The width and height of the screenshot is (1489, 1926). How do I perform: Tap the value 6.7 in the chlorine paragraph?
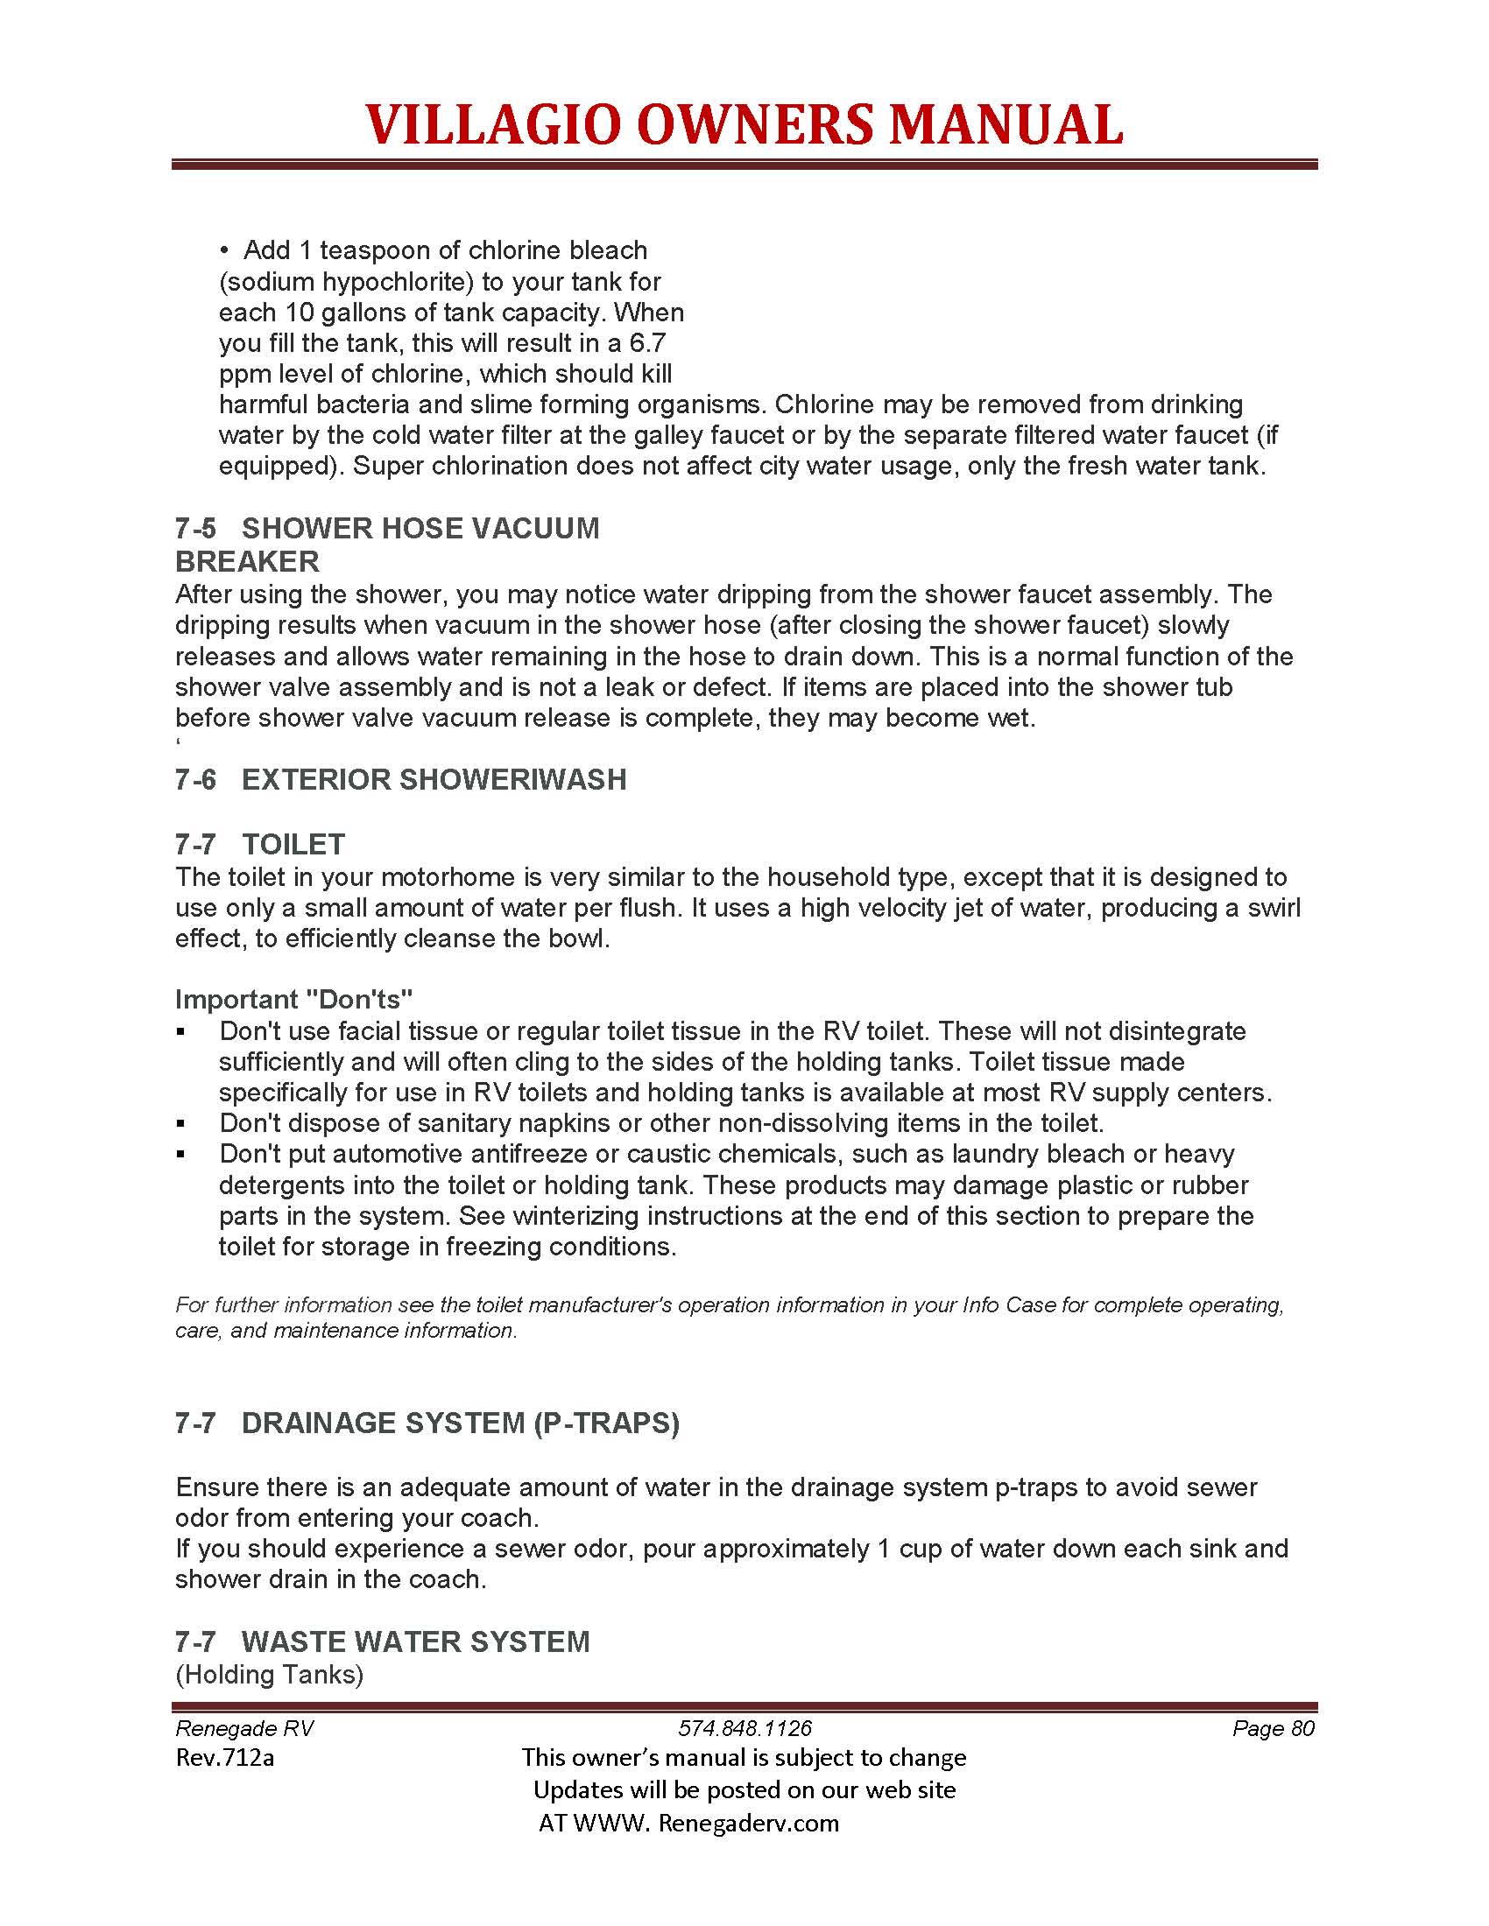point(647,343)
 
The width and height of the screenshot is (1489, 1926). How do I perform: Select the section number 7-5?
point(195,528)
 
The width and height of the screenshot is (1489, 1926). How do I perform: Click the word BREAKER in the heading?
point(247,561)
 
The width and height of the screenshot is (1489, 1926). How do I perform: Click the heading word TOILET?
point(293,844)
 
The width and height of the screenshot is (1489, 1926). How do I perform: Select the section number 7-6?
point(195,779)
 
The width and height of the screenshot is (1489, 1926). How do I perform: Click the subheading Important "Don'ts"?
point(293,998)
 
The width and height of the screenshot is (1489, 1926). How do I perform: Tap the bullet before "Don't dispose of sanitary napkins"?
point(180,1123)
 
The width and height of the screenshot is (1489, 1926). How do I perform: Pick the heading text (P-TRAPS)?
point(606,1423)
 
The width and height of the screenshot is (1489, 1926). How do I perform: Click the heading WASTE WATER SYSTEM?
point(415,1641)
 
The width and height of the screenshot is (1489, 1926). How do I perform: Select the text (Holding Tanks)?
point(269,1674)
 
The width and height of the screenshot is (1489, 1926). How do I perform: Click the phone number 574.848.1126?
point(744,1727)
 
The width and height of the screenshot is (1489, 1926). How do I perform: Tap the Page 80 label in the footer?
point(1273,1727)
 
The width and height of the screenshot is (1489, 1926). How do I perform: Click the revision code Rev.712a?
point(225,1758)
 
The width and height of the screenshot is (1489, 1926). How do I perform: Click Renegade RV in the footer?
point(244,1727)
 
